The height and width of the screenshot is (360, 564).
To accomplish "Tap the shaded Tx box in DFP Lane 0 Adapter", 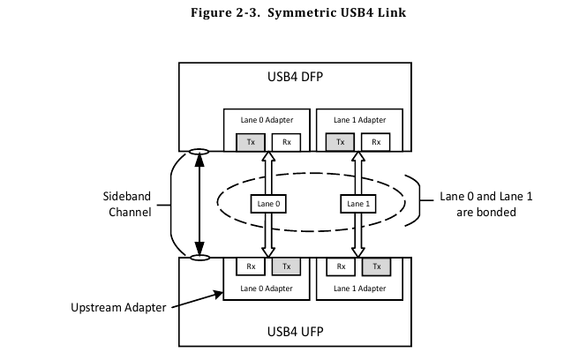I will pos(250,141).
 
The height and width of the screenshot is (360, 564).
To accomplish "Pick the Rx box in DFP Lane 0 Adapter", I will pos(285,141).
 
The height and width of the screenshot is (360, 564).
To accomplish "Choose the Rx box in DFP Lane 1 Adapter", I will pos(375,141).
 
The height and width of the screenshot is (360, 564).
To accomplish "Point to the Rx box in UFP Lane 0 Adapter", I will pos(251,266).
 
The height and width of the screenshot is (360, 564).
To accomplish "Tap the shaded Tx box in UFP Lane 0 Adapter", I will pos(285,266).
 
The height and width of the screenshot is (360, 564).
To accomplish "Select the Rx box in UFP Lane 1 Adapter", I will pos(341,266).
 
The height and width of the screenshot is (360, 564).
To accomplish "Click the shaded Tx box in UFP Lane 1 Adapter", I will pos(376,266).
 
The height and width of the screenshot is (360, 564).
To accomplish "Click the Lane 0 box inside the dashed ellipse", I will pos(267,204).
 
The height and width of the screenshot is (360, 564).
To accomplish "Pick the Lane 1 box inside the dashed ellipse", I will pos(357,204).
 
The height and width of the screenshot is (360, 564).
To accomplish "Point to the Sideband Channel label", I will pos(126,205).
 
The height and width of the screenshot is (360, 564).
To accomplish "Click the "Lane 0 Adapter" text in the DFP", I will pos(268,119).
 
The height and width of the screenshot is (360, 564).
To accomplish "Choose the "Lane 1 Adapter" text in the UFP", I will pos(358,289).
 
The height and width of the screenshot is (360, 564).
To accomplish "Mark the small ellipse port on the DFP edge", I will pos(199,152).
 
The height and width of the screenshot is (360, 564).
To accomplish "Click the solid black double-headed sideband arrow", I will pos(199,205).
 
